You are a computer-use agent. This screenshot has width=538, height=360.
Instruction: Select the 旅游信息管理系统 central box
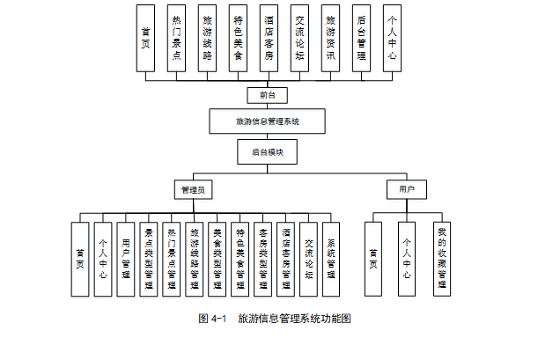(268, 121)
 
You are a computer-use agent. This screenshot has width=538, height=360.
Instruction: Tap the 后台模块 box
(268, 152)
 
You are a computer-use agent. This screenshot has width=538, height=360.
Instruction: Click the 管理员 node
(195, 190)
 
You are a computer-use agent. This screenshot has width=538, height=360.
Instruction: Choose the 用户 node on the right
(406, 190)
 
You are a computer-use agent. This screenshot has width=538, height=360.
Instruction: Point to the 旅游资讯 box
(330, 37)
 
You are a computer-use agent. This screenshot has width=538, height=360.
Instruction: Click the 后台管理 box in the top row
(361, 37)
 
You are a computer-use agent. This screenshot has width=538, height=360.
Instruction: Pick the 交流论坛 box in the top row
(299, 37)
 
